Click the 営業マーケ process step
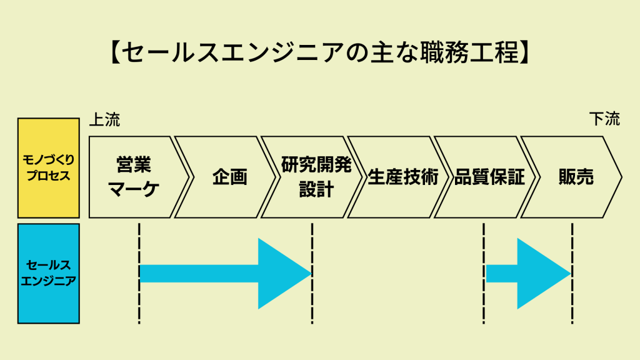click(x=134, y=177)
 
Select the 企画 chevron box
click(x=229, y=177)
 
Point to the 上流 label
click(x=104, y=119)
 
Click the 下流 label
click(x=604, y=119)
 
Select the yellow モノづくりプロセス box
click(x=49, y=167)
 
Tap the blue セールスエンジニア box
click(x=49, y=273)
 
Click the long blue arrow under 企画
click(x=225, y=273)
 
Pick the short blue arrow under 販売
click(x=529, y=273)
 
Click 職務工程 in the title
click(x=471, y=53)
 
